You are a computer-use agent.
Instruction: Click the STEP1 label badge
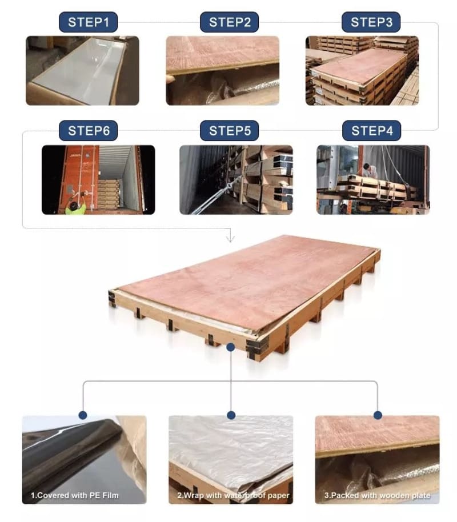89,22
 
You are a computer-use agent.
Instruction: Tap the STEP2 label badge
229,22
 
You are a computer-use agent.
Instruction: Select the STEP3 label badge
371,22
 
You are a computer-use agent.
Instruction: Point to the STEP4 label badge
372,130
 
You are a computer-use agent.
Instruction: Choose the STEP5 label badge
229,130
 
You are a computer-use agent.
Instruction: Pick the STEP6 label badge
89,130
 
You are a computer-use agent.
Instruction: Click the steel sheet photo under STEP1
82,71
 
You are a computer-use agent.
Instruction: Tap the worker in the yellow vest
75,205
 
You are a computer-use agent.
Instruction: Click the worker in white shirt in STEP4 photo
370,170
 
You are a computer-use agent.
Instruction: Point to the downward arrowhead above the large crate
230,238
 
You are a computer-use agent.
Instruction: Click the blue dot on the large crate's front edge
230,347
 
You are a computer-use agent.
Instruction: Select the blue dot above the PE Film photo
83,415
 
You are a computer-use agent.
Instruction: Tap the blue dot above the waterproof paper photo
231,415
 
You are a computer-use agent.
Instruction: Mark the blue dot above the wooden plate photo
378,415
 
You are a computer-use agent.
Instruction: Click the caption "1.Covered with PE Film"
75,495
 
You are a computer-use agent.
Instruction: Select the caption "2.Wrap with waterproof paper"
233,495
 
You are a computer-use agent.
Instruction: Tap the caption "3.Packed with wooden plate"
378,495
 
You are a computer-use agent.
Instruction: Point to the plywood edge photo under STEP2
223,71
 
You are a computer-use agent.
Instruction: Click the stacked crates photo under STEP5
236,180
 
